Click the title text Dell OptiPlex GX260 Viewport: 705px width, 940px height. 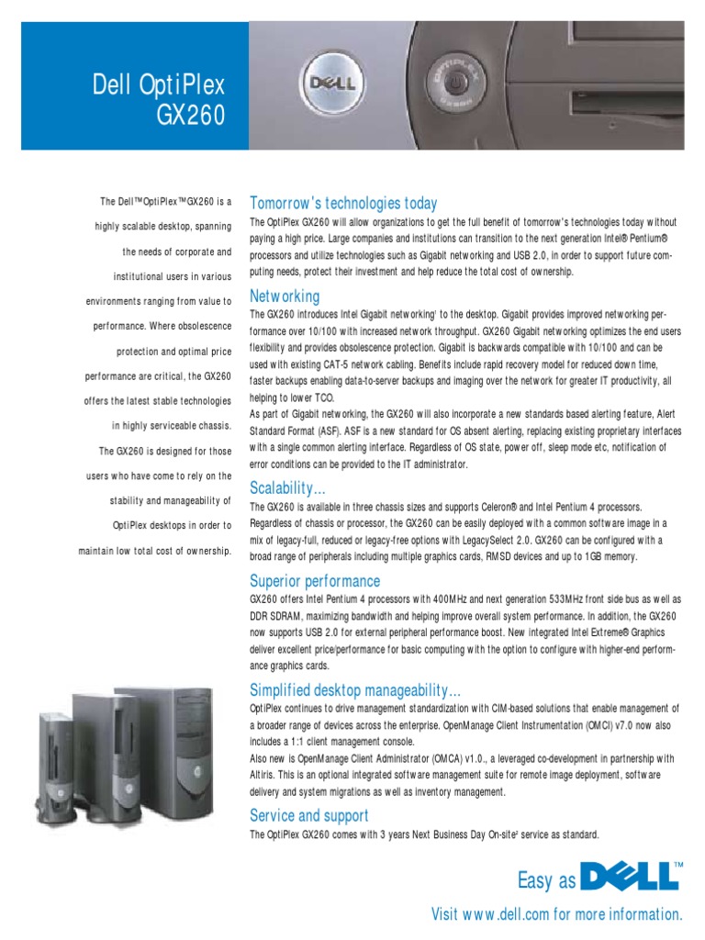[x=158, y=103]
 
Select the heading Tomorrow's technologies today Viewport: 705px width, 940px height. [x=343, y=203]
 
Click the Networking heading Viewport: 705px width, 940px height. [x=285, y=297]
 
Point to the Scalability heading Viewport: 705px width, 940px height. [x=287, y=487]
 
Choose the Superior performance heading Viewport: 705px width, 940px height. [x=315, y=581]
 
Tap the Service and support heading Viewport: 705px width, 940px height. [x=309, y=815]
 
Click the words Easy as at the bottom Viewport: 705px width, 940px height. [x=547, y=882]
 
